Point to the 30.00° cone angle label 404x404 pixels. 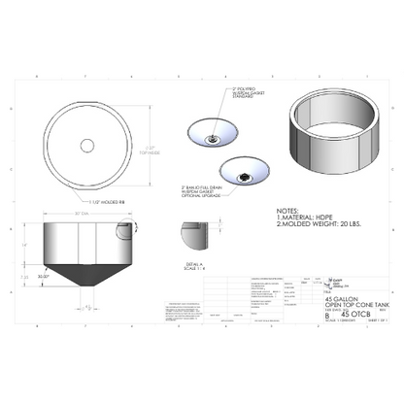[x=44, y=276]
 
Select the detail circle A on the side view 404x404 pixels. [x=123, y=231]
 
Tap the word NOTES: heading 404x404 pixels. [x=287, y=209]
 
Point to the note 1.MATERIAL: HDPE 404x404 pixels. [x=302, y=217]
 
